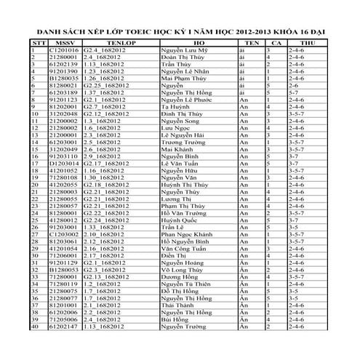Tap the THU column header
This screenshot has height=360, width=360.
308,44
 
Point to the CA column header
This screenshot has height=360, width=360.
274,44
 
